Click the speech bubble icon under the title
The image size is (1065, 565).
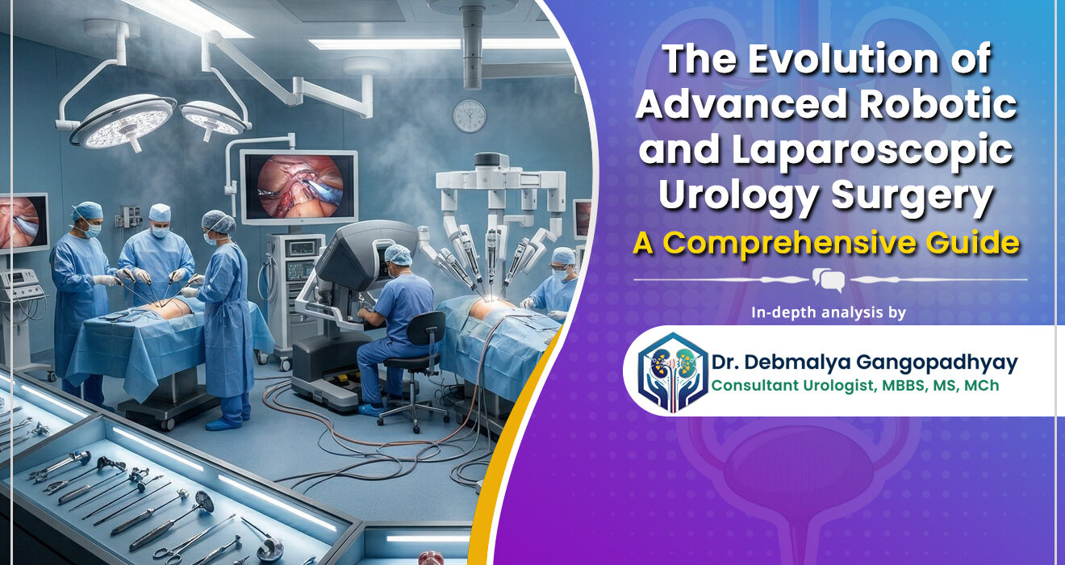(829, 280)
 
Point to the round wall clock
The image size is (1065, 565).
(470, 115)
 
